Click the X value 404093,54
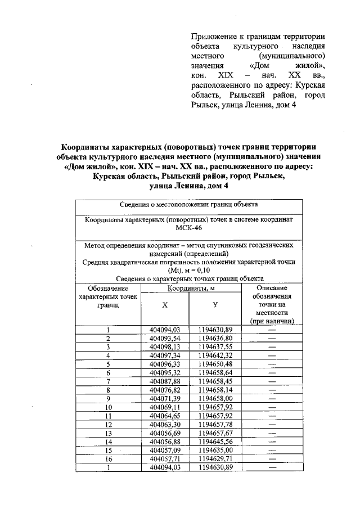(164, 338)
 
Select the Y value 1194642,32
(215, 355)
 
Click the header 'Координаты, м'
(190, 288)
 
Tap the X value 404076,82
(164, 390)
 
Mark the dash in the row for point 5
(272, 364)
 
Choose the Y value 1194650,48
(215, 364)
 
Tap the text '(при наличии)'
(272, 321)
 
